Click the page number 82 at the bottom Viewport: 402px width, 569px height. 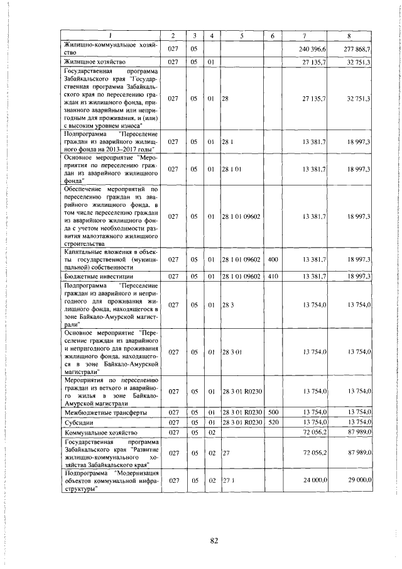click(213, 543)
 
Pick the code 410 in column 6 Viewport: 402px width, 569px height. click(273, 276)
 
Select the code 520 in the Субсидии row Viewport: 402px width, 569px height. click(273, 422)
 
